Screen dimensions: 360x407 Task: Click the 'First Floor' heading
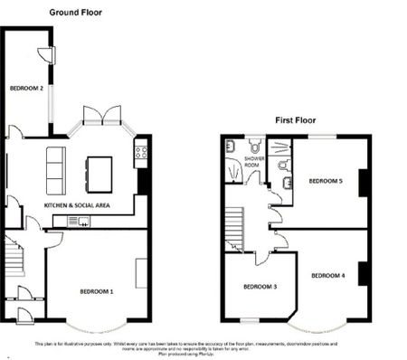point(296,119)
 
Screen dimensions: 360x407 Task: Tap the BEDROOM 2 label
point(27,89)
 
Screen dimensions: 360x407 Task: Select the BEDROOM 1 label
point(98,291)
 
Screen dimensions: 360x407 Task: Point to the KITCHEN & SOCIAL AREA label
point(77,206)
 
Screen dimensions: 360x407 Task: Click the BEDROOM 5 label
point(326,181)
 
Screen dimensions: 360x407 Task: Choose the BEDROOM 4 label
point(327,274)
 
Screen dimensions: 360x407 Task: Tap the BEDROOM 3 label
point(260,287)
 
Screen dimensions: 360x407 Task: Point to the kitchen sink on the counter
point(75,221)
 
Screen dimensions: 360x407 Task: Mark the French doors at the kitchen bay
point(100,114)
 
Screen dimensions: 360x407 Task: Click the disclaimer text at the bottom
point(203,347)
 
